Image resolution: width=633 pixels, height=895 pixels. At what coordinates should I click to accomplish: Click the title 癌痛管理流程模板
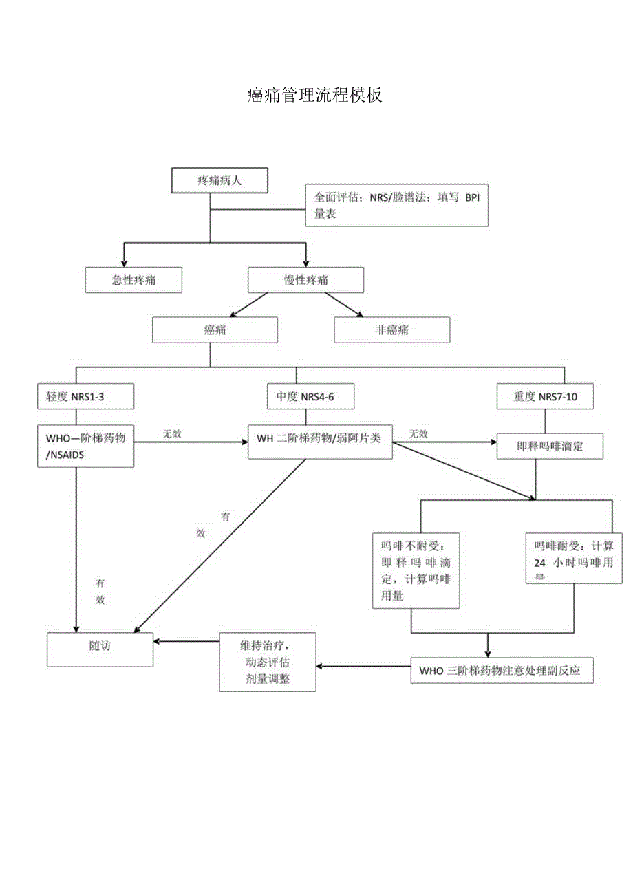pos(314,96)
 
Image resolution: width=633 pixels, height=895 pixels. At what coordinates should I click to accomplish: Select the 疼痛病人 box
pos(219,181)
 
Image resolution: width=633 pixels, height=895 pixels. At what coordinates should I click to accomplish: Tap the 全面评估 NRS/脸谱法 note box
pos(396,205)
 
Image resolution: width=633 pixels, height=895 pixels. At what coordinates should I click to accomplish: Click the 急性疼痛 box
pos(133,281)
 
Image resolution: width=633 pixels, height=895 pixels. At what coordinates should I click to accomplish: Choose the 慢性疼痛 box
pos(305,281)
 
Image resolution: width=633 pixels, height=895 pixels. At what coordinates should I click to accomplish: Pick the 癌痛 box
pos(215,330)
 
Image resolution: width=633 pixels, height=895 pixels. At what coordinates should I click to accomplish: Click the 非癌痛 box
pos(391,330)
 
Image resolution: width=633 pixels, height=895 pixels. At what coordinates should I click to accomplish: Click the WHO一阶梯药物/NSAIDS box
pos(85,446)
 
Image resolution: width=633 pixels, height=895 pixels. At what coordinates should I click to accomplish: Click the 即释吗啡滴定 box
pos(550,446)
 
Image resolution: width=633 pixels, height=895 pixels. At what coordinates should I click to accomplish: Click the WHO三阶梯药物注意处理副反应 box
pos(501,671)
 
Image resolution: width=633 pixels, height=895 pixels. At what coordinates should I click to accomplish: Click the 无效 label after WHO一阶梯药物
pos(172,434)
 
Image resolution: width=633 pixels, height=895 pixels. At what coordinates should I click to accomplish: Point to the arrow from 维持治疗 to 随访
pos(186,641)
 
